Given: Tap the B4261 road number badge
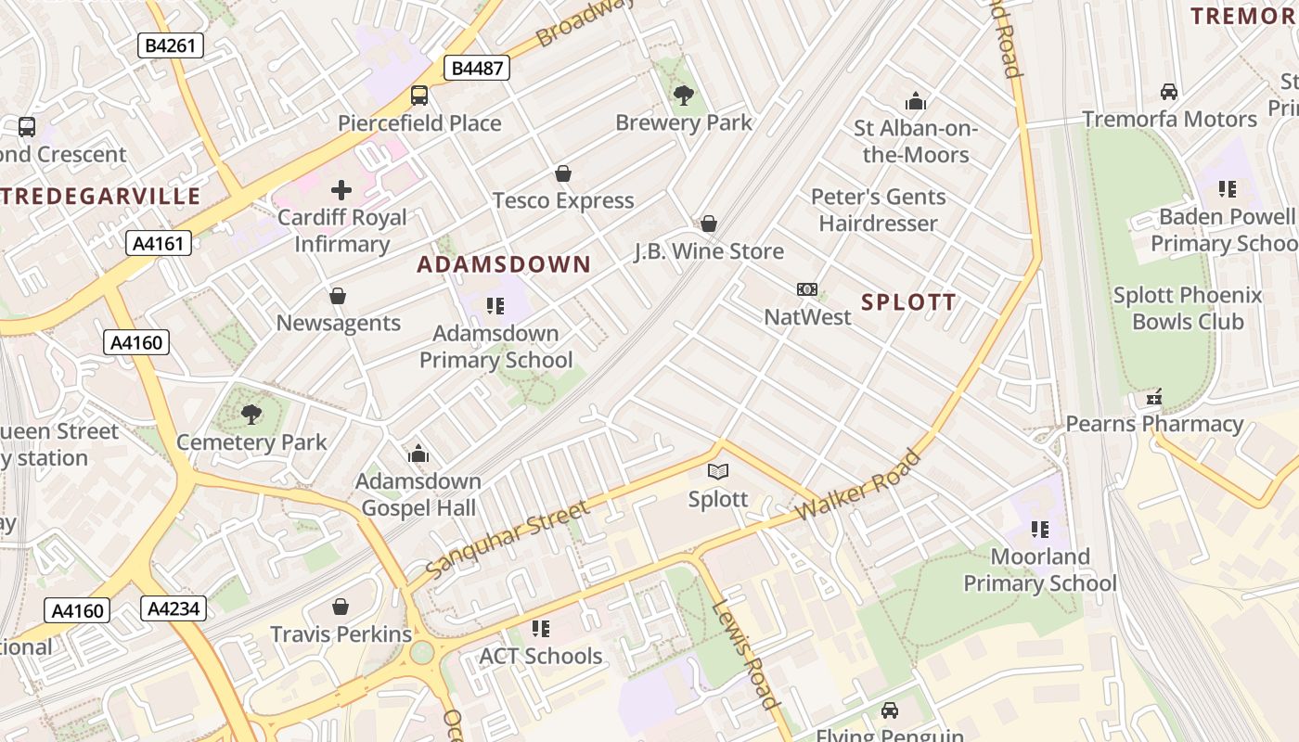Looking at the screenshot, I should coord(171,45).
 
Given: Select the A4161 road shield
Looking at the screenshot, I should coord(159,244).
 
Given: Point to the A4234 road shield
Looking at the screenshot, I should coord(174,608).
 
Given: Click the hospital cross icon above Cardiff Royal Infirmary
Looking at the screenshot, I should coord(341,190).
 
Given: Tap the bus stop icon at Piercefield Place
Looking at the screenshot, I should coord(419,96).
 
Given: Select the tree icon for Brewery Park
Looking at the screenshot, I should coord(684,95).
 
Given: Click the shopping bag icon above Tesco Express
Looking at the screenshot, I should coord(562,173).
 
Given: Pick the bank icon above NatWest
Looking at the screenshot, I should coord(807,289).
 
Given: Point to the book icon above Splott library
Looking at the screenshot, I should coord(717,471).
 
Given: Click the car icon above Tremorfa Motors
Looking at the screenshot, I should coord(1169,92).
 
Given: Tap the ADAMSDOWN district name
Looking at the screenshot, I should coord(504,264).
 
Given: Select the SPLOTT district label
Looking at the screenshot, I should coord(908,302).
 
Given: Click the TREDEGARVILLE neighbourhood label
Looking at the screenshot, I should coord(100,196).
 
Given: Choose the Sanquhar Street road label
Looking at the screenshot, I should coord(508,538).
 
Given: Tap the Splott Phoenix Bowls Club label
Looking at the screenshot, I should coord(1188,309).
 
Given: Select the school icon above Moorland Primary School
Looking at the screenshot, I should coord(1039,530).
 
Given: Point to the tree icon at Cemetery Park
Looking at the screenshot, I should coord(251,414).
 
